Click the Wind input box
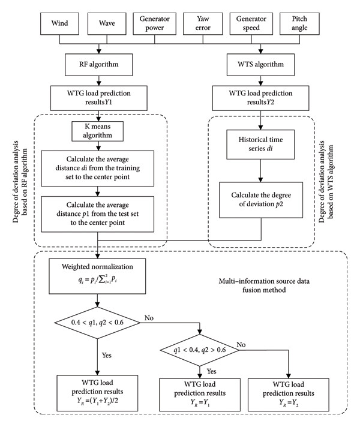coord(59,24)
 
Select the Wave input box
coord(107,24)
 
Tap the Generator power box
coord(155,24)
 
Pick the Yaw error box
coord(203,24)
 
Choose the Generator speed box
coord(251,24)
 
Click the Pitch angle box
coord(299,24)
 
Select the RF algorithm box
coord(99,65)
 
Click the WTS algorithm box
coord(261,65)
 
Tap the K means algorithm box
coord(98,131)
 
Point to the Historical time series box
coord(260,145)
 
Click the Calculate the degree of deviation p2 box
coord(261,200)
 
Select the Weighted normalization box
coord(97,276)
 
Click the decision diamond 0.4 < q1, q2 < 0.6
coord(97,323)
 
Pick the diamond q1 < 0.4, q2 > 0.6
coord(200,350)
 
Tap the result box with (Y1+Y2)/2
coord(97,393)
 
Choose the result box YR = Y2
coord(289,395)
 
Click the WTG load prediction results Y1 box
coord(98,98)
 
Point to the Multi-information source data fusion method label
coord(264,285)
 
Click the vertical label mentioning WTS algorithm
coord(326,181)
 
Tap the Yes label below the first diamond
coord(107,356)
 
